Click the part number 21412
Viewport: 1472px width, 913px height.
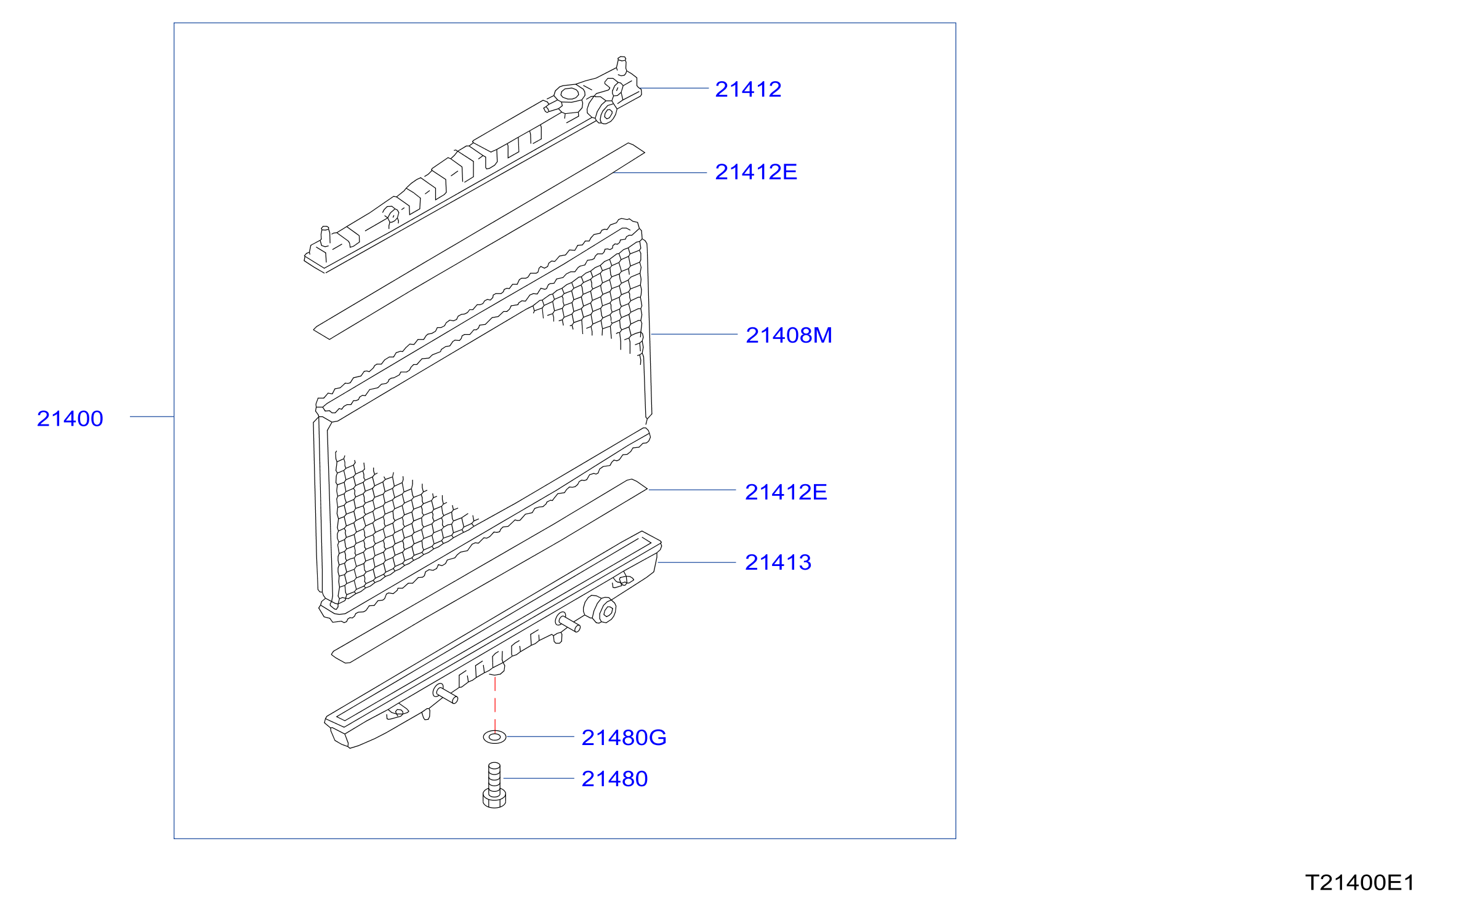(x=748, y=90)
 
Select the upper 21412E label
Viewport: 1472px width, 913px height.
(x=756, y=172)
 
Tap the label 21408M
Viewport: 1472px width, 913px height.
(x=789, y=335)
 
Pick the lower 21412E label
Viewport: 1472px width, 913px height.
(x=786, y=492)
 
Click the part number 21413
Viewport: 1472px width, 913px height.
(x=778, y=562)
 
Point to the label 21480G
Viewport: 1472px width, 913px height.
(x=624, y=738)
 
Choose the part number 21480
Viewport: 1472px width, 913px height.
(x=614, y=779)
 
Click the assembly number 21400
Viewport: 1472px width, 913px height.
(x=70, y=419)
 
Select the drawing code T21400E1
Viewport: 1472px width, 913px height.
(x=1359, y=883)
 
